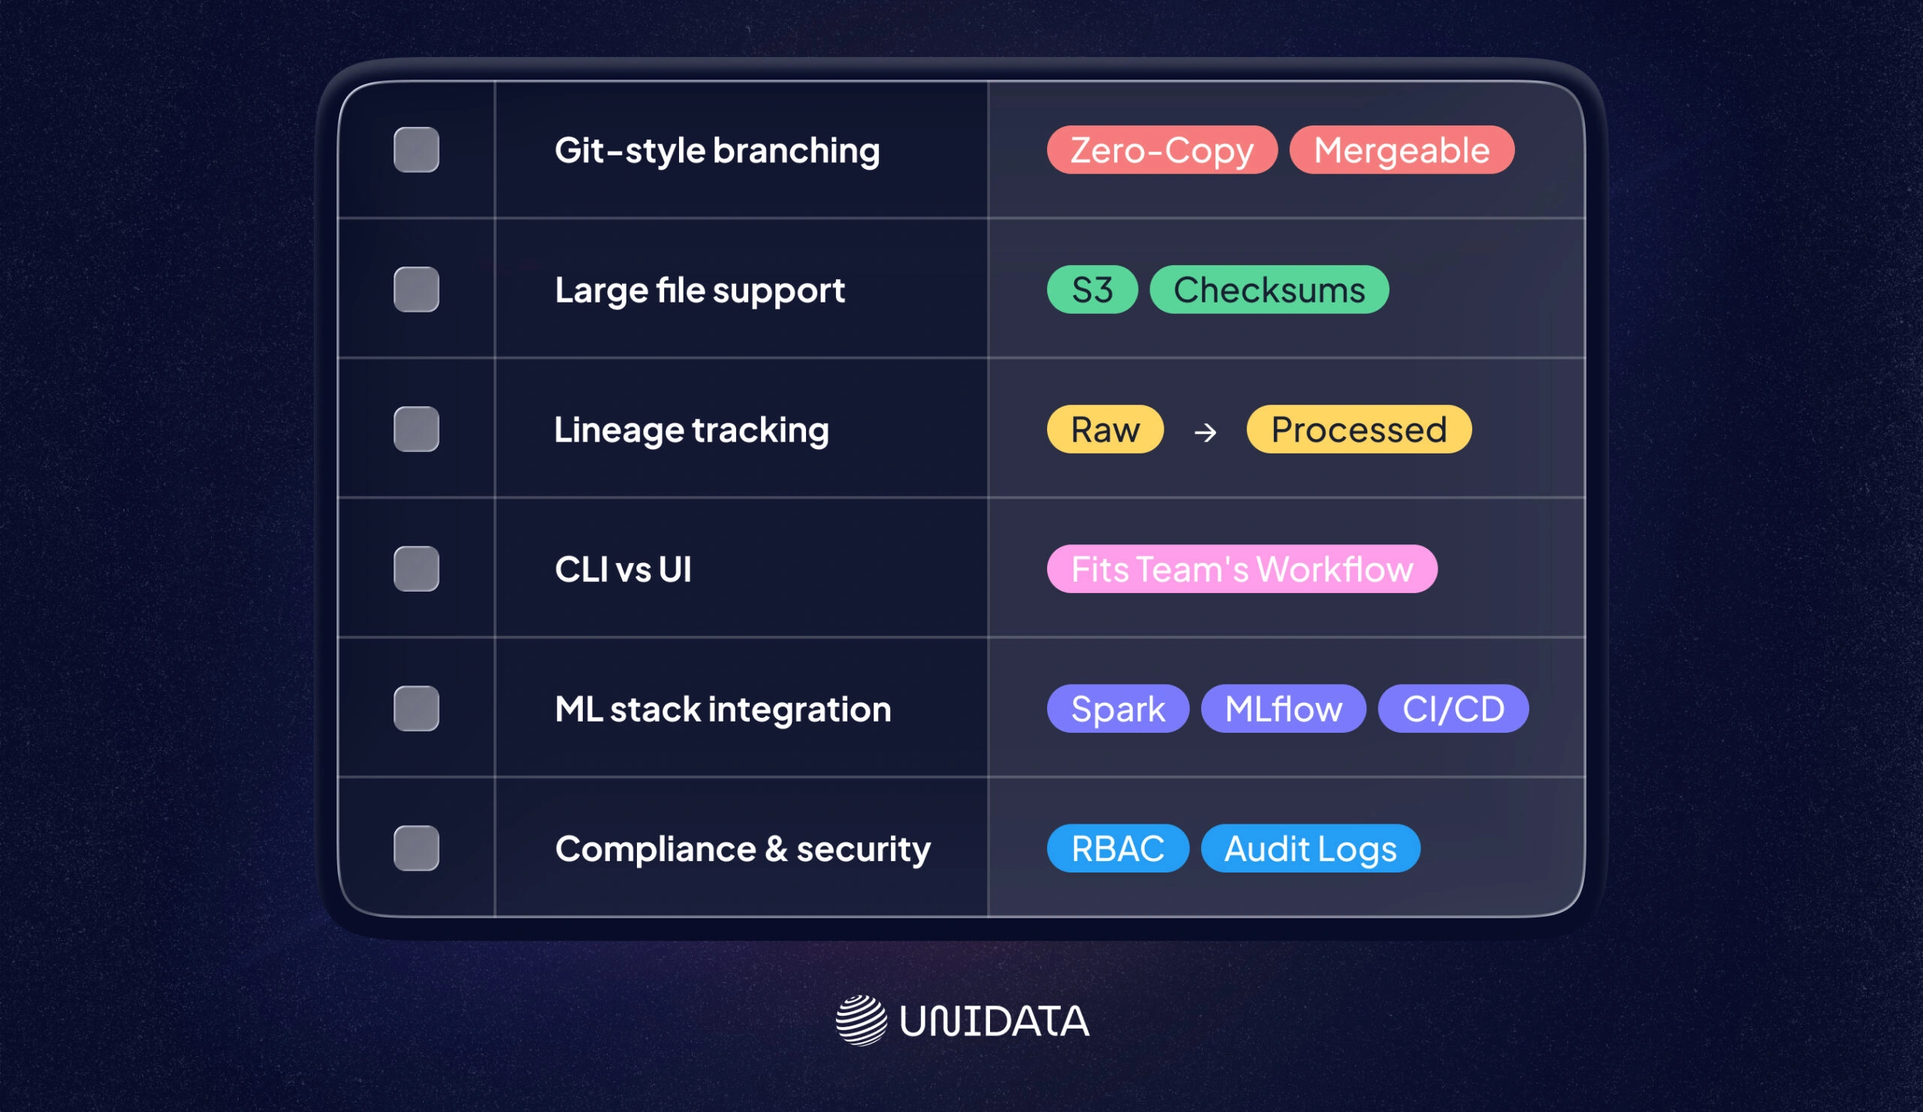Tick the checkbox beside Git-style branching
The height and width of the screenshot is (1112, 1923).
pos(416,149)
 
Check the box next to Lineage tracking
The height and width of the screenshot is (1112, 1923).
pos(416,429)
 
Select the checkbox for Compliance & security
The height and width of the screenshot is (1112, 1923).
pos(416,848)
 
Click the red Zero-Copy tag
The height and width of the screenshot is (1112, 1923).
pos(1161,149)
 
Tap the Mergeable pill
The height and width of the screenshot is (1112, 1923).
pos(1401,149)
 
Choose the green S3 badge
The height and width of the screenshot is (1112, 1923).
pos(1092,289)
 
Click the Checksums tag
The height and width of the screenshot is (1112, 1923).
pos(1268,289)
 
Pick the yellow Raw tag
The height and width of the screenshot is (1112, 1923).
pos(1105,429)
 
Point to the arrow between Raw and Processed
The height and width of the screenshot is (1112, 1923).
pos(1205,432)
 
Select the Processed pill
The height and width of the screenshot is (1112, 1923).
pos(1358,429)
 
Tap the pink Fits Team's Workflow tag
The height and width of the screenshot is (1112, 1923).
pos(1242,568)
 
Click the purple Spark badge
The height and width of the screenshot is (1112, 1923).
pos(1117,708)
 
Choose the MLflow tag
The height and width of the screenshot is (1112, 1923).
pos(1283,708)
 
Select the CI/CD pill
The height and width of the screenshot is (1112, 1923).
pos(1452,708)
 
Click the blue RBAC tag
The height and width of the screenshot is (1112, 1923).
pos(1117,848)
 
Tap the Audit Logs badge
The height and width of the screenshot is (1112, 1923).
pos(1309,848)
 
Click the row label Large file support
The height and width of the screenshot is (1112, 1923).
pos(699,290)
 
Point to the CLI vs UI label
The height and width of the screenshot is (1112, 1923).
pos(623,569)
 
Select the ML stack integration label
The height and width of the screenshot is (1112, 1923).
pos(722,709)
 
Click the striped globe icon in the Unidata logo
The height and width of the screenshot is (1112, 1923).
pos(861,1020)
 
